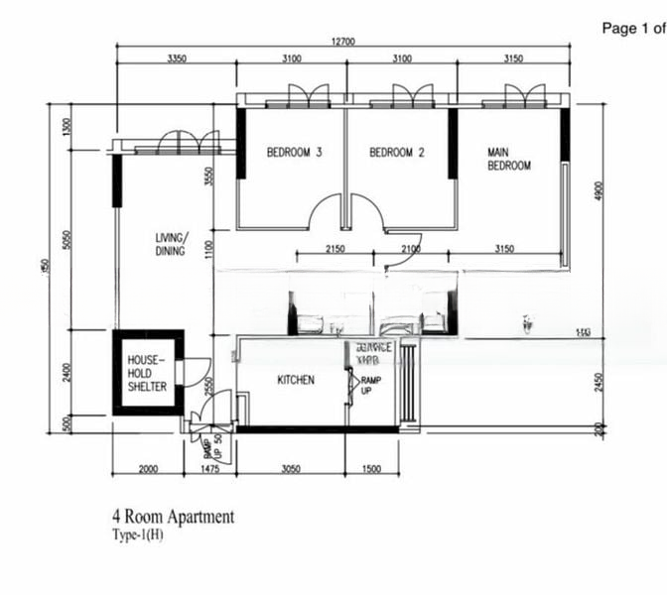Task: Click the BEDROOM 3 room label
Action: click(x=295, y=153)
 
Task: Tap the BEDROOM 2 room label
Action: click(x=397, y=153)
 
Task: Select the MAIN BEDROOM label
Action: click(x=508, y=159)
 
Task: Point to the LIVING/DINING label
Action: click(x=171, y=244)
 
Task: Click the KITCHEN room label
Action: click(x=295, y=380)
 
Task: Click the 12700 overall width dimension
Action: click(x=344, y=41)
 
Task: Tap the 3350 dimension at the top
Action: click(x=177, y=59)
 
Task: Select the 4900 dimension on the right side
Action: click(x=599, y=190)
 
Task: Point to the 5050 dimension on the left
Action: click(x=67, y=241)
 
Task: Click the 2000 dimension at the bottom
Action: click(x=147, y=468)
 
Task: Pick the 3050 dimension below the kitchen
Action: click(x=291, y=468)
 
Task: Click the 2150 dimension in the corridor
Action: click(x=334, y=250)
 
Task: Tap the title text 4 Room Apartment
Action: click(x=174, y=517)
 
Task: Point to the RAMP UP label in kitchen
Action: click(x=369, y=385)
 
